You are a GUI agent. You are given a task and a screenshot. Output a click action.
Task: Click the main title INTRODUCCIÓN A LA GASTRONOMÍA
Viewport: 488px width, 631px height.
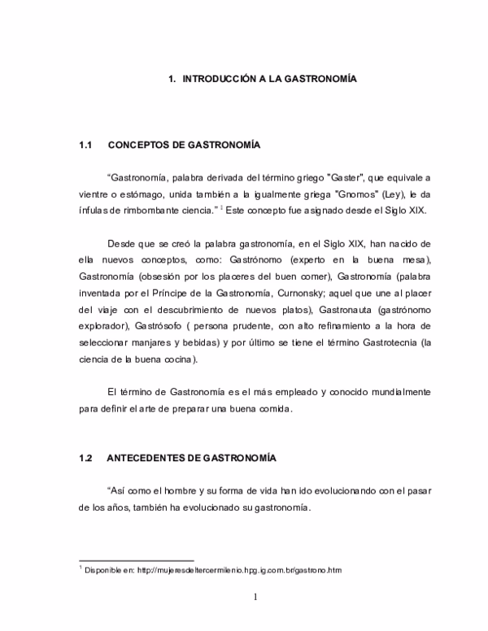click(262, 79)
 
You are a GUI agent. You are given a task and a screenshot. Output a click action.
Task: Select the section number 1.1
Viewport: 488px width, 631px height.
click(87, 146)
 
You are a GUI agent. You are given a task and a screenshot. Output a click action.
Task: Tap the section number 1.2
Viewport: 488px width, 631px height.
click(87, 459)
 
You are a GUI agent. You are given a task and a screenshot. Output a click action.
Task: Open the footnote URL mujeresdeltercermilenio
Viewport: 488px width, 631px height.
click(203, 570)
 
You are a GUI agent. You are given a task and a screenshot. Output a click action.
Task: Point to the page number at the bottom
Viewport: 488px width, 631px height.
click(255, 599)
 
